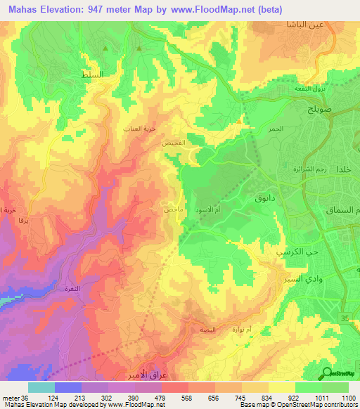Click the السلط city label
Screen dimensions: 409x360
pos(92,74)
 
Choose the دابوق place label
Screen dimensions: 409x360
pos(254,200)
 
